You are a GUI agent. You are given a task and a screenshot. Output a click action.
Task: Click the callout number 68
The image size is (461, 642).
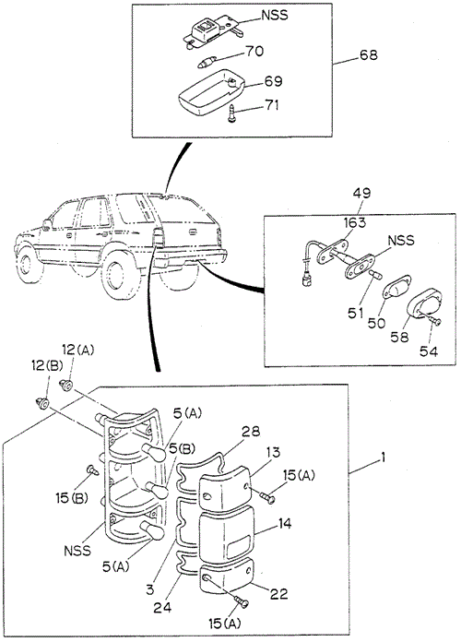coord(369,54)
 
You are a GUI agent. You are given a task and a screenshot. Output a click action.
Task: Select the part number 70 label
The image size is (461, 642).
coord(254,52)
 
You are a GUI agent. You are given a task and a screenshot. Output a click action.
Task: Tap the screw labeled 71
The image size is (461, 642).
coord(232,113)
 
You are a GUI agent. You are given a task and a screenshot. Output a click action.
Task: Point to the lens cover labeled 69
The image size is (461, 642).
coord(211,92)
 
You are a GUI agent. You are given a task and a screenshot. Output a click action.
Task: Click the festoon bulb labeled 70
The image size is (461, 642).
coord(204,64)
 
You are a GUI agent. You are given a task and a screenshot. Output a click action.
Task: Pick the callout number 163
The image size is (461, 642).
coord(355,223)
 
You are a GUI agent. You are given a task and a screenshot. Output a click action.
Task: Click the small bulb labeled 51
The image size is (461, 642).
coord(375,275)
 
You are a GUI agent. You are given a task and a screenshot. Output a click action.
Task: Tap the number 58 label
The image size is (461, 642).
coord(399,337)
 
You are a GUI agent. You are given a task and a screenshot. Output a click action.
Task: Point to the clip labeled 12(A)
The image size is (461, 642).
coord(65,385)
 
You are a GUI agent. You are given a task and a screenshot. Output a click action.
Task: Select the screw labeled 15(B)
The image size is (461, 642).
coord(93,470)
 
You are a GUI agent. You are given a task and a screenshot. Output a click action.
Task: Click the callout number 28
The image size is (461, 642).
coord(250,431)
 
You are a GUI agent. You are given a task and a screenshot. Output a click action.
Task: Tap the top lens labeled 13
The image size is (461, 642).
coord(226,488)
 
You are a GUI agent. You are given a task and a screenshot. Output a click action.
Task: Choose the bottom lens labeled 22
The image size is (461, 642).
coord(227,576)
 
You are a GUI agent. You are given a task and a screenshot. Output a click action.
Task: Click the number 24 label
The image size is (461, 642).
coord(162,607)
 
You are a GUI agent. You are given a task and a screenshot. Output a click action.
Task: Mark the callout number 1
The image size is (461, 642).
coord(383,458)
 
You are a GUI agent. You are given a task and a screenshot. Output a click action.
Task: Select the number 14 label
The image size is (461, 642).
coord(285,524)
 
